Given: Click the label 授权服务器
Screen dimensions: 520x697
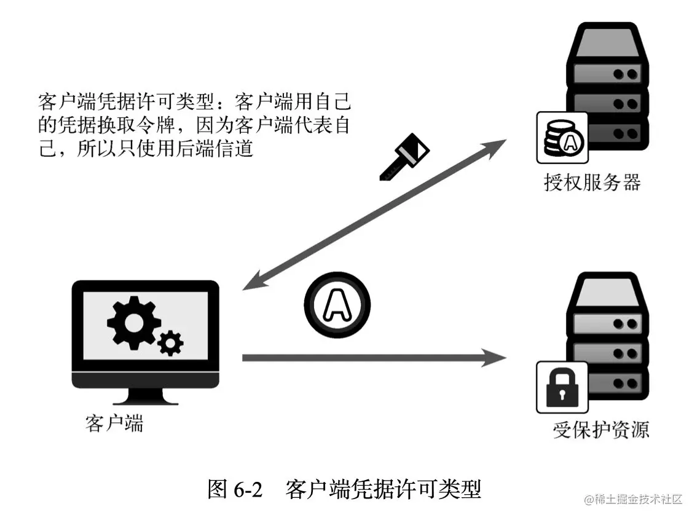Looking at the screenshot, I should point(592,183).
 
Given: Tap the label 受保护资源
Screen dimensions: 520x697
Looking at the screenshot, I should point(601,430).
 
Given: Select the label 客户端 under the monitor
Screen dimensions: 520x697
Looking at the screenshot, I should point(114,423).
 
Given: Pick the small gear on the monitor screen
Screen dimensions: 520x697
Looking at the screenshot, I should point(170,342).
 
